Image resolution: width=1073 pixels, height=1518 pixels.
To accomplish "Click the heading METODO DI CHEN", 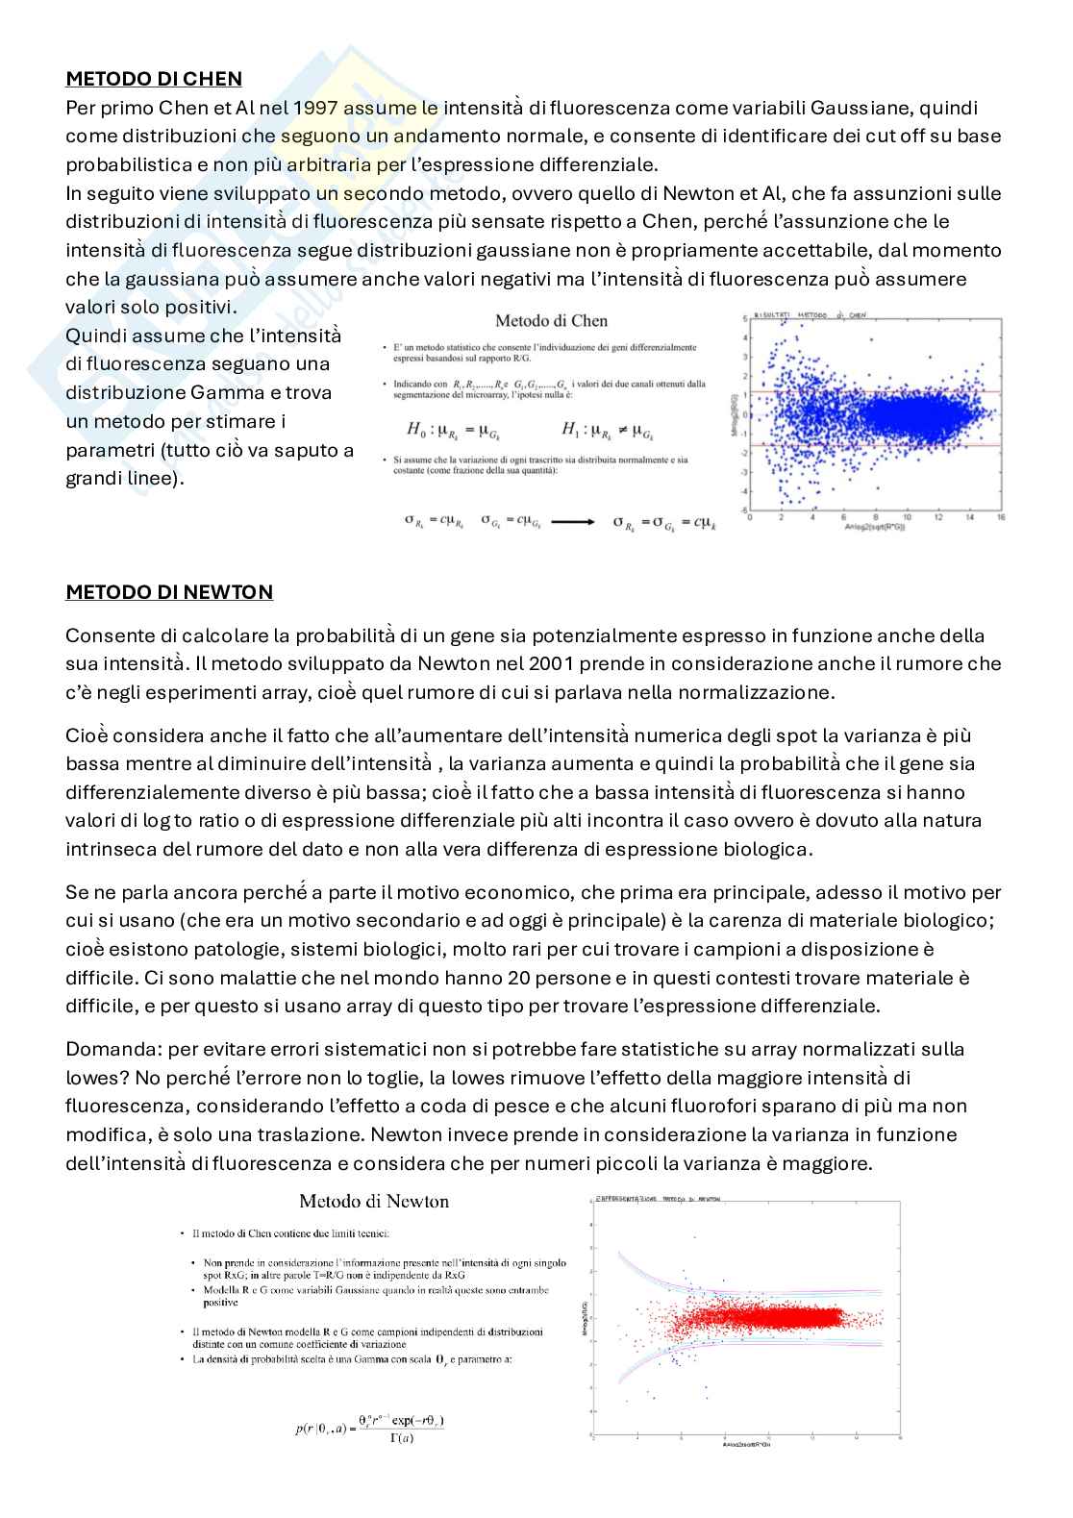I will click(x=153, y=79).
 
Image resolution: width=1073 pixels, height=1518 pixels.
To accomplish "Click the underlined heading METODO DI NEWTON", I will click(x=168, y=592).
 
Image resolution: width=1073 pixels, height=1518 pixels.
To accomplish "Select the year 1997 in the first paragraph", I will click(x=316, y=108).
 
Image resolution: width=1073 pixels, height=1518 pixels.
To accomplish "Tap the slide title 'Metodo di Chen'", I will click(x=551, y=321).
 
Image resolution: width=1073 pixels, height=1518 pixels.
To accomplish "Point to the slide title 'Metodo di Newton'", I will click(x=374, y=1201).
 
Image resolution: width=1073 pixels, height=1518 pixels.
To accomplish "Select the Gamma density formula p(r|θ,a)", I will click(x=369, y=1428).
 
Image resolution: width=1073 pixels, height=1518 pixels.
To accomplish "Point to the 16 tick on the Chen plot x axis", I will click(x=1001, y=517).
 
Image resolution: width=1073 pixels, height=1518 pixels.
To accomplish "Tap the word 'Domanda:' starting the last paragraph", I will click(x=104, y=1049).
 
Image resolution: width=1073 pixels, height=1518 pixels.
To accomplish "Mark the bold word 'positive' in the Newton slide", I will click(x=220, y=1304).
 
